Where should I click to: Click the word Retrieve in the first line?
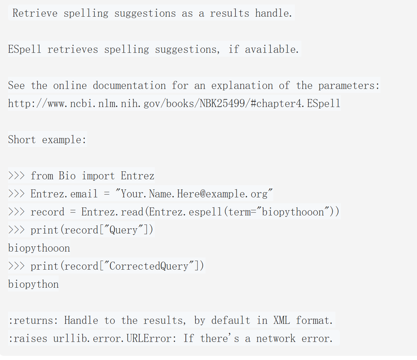[35, 13]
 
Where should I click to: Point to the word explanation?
[242, 85]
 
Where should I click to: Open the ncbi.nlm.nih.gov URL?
[174, 104]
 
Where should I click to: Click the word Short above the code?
[22, 140]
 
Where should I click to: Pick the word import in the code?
[98, 176]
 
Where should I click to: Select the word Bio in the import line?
[67, 176]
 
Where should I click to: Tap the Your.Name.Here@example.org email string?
[194, 194]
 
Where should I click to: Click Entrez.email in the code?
[64, 194]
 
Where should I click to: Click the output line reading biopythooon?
[39, 248]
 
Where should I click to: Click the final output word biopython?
[33, 284]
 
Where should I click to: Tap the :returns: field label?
[33, 320]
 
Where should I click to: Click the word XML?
[281, 320]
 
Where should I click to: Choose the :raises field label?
[28, 338]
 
